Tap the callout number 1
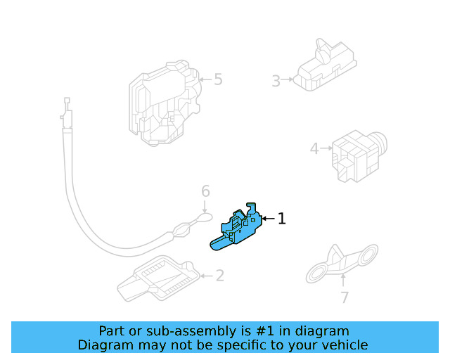pyautogui.click(x=282, y=219)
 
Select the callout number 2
pyautogui.click(x=219, y=276)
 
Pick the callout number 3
pyautogui.click(x=276, y=81)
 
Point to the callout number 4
pyautogui.click(x=314, y=148)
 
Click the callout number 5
pyautogui.click(x=218, y=79)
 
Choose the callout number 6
pyautogui.click(x=205, y=191)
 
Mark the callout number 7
pyautogui.click(x=344, y=297)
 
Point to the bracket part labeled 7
pyautogui.click(x=340, y=264)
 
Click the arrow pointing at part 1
pyautogui.click(x=268, y=219)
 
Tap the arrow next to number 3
pyautogui.click(x=288, y=81)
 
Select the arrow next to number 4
pyautogui.click(x=326, y=148)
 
